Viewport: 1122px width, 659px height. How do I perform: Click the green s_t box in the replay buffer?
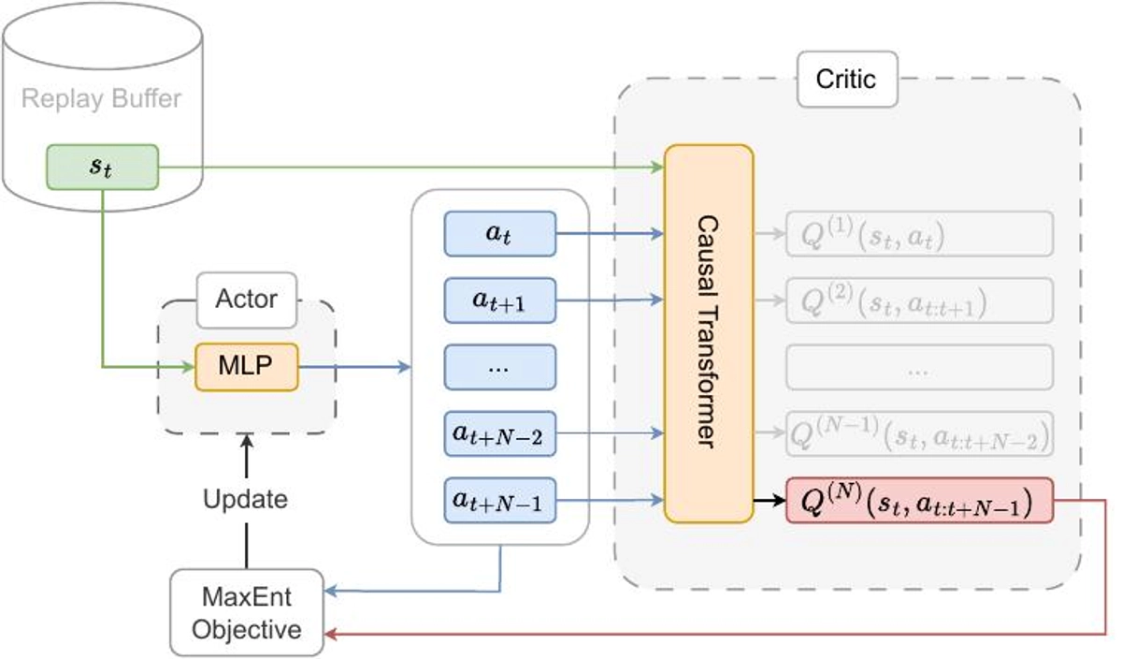pyautogui.click(x=103, y=167)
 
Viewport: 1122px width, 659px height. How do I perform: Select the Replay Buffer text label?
pyautogui.click(x=102, y=98)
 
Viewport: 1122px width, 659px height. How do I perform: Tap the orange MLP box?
pyautogui.click(x=246, y=366)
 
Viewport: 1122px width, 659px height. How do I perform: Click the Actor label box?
pyautogui.click(x=247, y=299)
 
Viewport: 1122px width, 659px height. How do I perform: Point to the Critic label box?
pyautogui.click(x=846, y=78)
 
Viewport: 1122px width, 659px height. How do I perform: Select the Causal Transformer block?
pyautogui.click(x=709, y=333)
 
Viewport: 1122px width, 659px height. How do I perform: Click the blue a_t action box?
pyautogui.click(x=500, y=233)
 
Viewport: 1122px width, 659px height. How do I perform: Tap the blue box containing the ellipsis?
pyautogui.click(x=500, y=367)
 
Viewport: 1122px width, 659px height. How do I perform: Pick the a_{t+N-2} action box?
pyautogui.click(x=500, y=433)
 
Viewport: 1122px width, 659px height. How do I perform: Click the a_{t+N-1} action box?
pyautogui.click(x=500, y=501)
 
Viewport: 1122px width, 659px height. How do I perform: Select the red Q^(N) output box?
pyautogui.click(x=920, y=501)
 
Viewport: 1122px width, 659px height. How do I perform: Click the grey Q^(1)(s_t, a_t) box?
pyautogui.click(x=920, y=233)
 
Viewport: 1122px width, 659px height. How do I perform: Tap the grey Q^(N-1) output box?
pyautogui.click(x=920, y=433)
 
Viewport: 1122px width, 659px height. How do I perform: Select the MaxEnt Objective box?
pyautogui.click(x=247, y=612)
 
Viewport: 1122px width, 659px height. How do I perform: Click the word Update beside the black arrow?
pyautogui.click(x=245, y=498)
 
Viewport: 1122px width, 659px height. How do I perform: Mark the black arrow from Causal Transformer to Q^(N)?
pyautogui.click(x=770, y=501)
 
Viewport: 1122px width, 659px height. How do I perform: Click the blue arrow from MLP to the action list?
pyautogui.click(x=355, y=366)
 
